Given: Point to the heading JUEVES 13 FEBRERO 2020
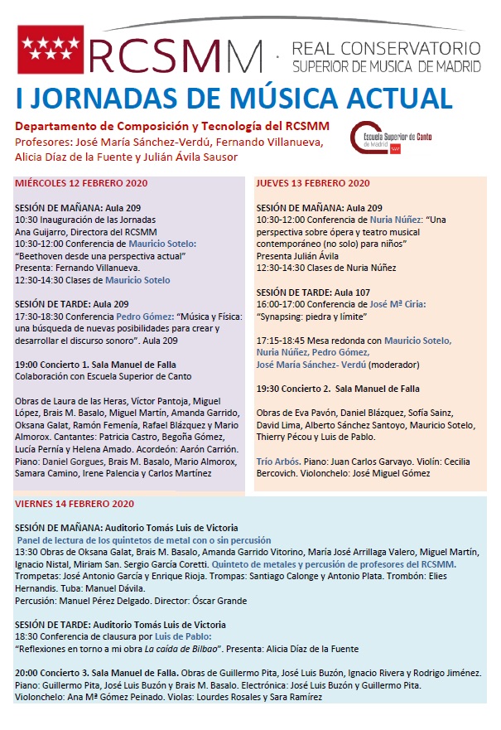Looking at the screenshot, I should pyautogui.click(x=312, y=184).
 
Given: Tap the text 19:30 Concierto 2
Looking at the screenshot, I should pyautogui.click(x=292, y=389).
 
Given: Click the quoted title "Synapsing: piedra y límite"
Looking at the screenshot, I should pyautogui.click(x=313, y=317).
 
